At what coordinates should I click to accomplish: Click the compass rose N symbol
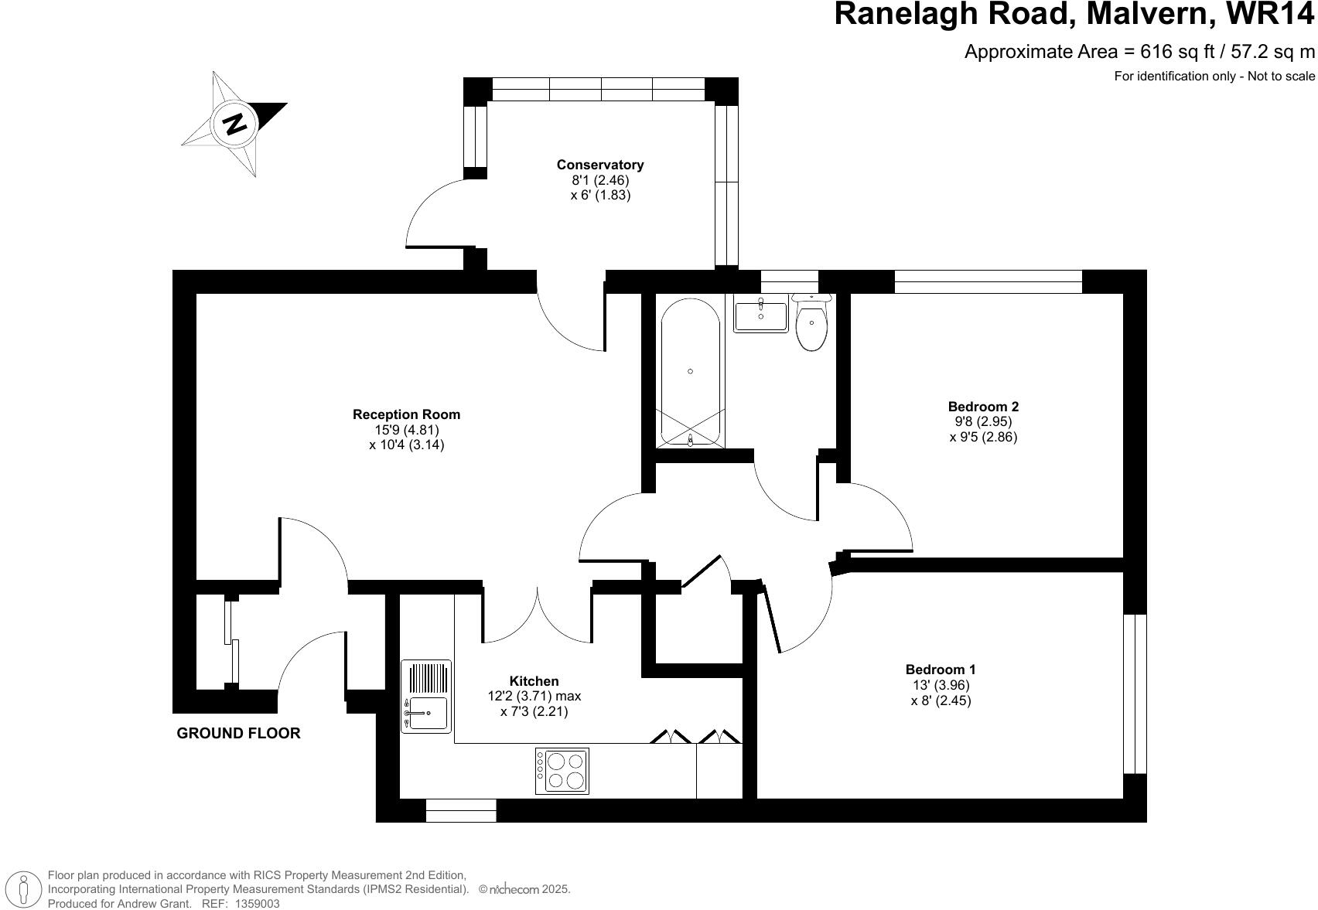coord(234,124)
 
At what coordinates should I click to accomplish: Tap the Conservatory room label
coord(599,165)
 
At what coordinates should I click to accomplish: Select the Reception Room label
coord(406,414)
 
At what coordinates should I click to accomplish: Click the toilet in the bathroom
coord(811,325)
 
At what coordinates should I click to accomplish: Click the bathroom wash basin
coord(760,315)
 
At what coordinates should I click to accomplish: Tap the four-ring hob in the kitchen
coord(562,770)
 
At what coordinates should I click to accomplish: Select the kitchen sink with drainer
coord(425,696)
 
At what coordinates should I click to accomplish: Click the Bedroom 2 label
coord(983,407)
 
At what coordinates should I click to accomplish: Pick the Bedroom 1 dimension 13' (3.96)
coord(941,685)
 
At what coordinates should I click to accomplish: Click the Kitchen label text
coord(534,681)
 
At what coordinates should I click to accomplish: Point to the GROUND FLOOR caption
coord(238,733)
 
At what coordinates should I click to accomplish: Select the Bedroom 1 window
coord(1134,694)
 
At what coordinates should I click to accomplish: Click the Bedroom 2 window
coord(988,281)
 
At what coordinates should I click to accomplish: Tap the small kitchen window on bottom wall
coord(461,810)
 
